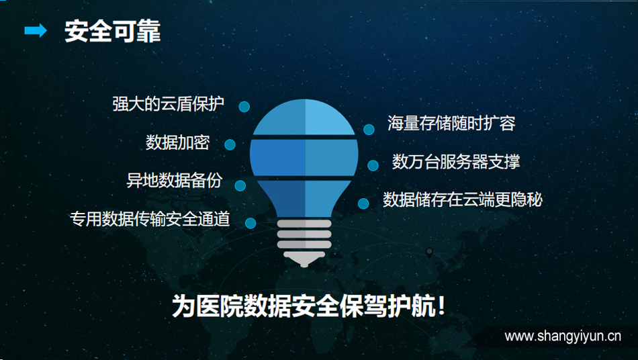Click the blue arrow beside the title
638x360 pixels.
click(36, 30)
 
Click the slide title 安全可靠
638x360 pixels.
click(113, 32)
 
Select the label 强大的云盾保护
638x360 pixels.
click(168, 104)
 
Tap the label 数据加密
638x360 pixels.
click(178, 142)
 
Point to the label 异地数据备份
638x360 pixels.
click(174, 180)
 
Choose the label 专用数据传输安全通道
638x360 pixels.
click(150, 219)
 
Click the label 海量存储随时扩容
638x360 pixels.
click(451, 123)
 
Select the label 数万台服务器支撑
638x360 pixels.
click(456, 161)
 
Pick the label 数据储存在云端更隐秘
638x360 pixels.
click(463, 199)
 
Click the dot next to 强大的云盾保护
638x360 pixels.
click(244, 107)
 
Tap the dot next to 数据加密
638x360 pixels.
click(230, 144)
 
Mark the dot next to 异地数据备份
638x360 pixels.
click(240, 185)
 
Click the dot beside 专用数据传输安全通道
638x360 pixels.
click(250, 223)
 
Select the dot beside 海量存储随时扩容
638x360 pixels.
click(369, 130)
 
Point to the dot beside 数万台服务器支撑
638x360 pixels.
click(373, 165)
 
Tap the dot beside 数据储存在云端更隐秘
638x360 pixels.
click(363, 204)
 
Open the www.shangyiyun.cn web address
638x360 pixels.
click(563, 336)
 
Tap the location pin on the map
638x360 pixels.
click(429, 253)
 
